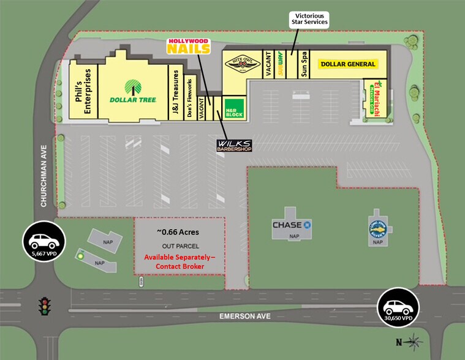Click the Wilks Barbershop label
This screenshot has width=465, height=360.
[234, 145]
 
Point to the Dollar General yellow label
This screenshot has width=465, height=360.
[347, 64]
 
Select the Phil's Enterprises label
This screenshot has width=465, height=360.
[89, 91]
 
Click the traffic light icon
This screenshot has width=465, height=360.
[43, 306]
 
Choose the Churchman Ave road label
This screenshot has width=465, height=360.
[43, 176]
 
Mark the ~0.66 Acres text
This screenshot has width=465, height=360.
[178, 232]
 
